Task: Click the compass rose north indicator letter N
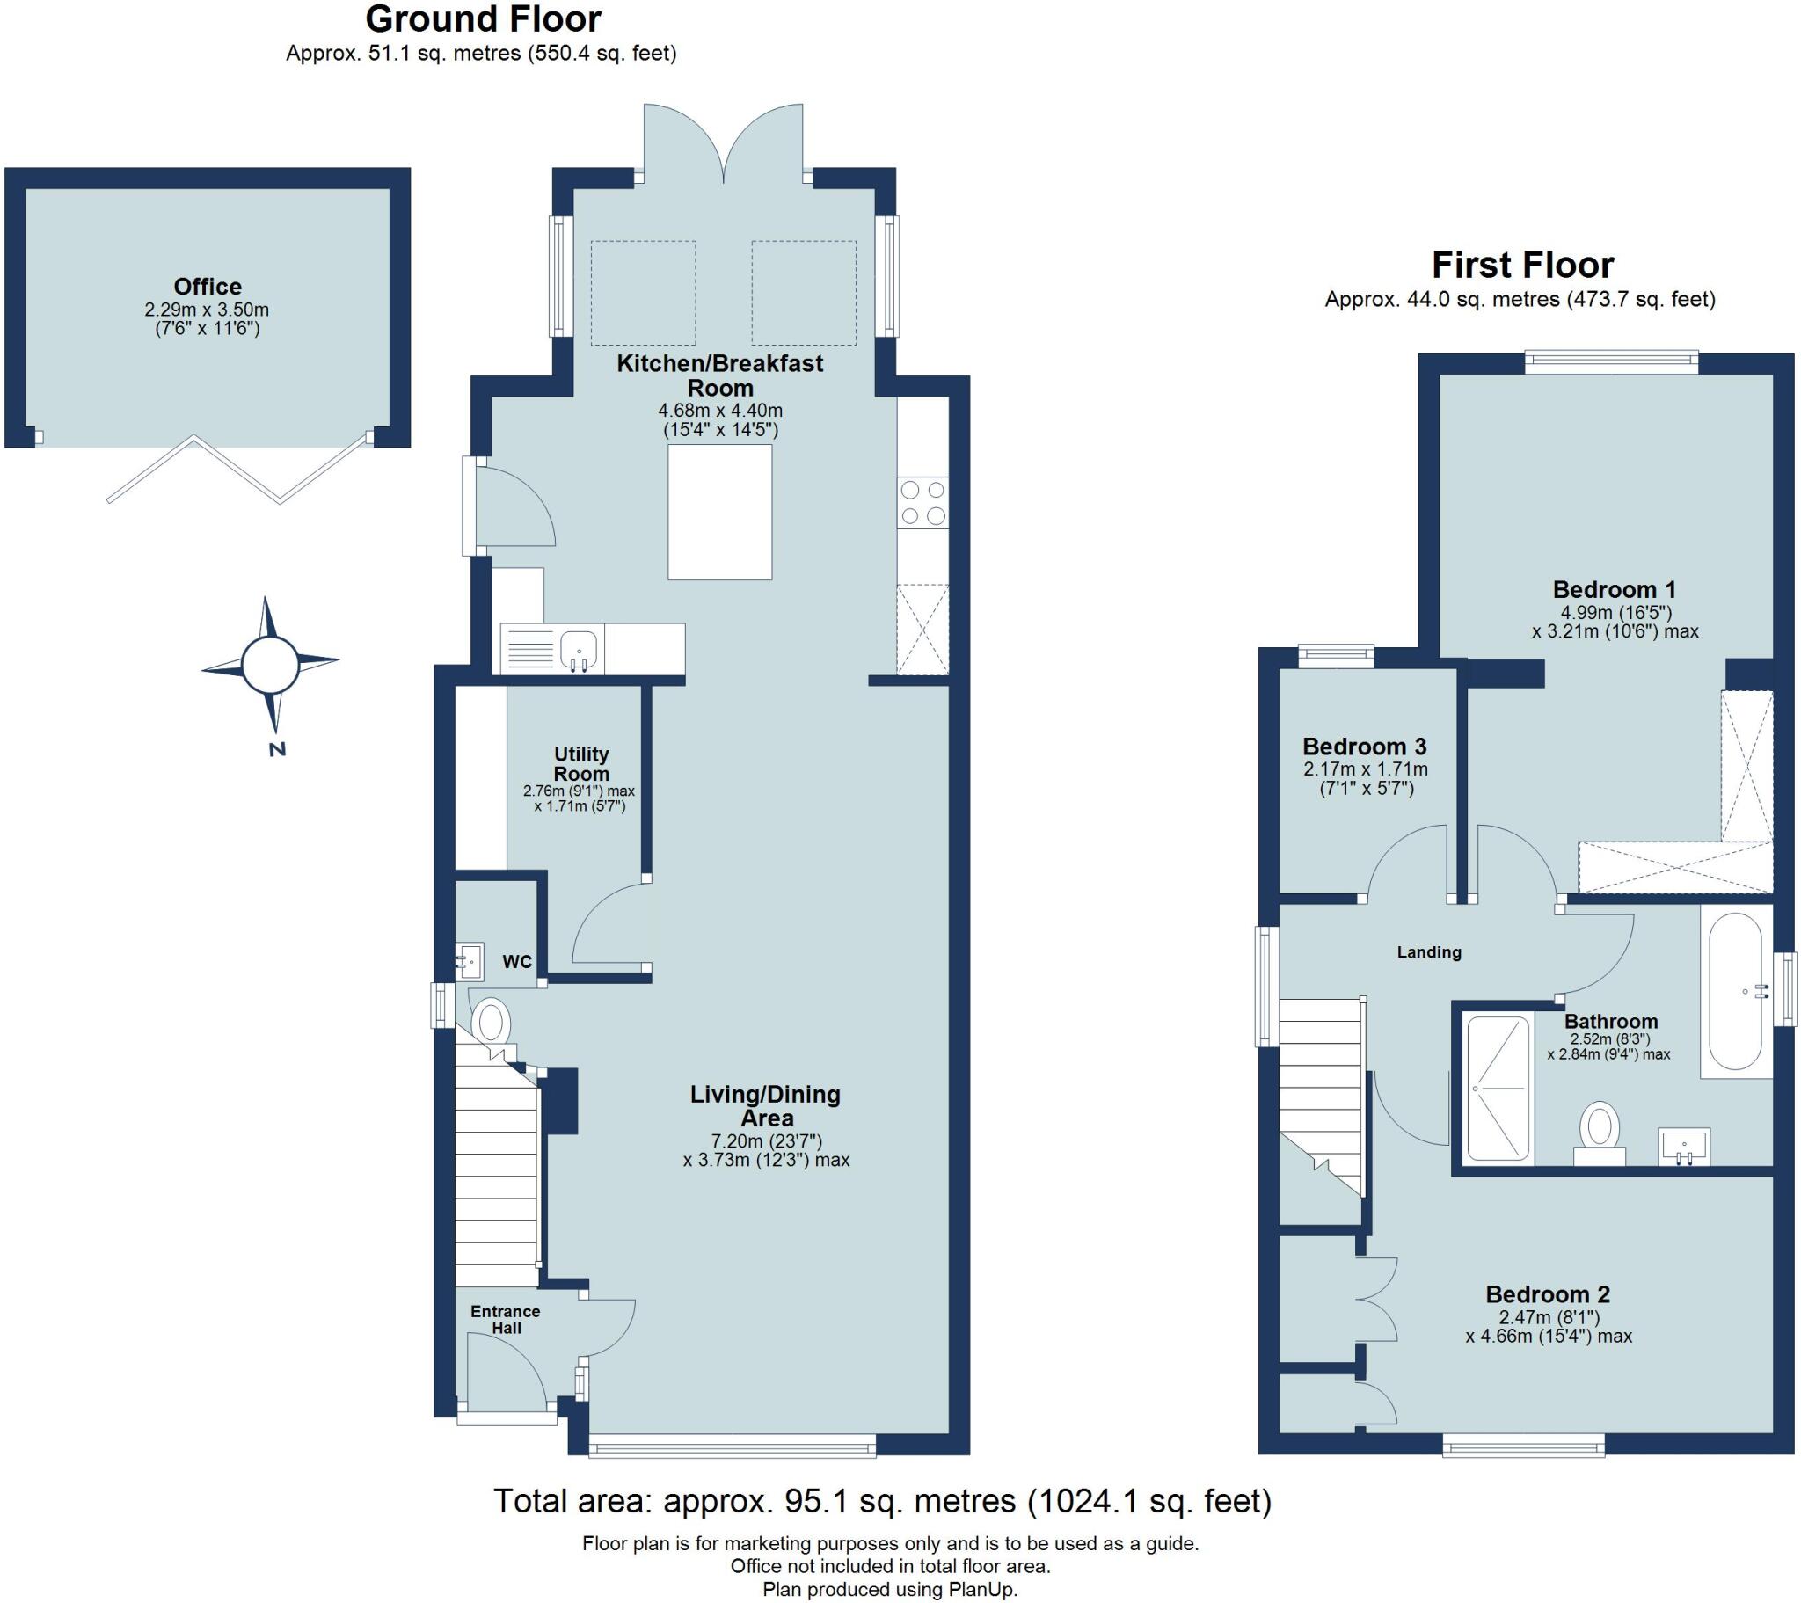click(x=277, y=750)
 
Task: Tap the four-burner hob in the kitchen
click(x=922, y=502)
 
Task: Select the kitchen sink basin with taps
click(x=579, y=651)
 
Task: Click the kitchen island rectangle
click(x=720, y=512)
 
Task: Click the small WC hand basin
click(x=469, y=961)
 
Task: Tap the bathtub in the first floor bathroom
click(x=1736, y=992)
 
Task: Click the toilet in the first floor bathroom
click(x=1600, y=1133)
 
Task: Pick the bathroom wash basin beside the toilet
click(x=1684, y=1147)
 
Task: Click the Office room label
click(x=208, y=287)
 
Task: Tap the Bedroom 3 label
click(x=1364, y=747)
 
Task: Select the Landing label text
click(x=1429, y=951)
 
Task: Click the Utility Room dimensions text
click(x=579, y=798)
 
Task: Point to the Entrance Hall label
click(x=505, y=1319)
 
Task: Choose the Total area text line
click(x=882, y=1501)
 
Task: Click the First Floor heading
click(x=1521, y=266)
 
